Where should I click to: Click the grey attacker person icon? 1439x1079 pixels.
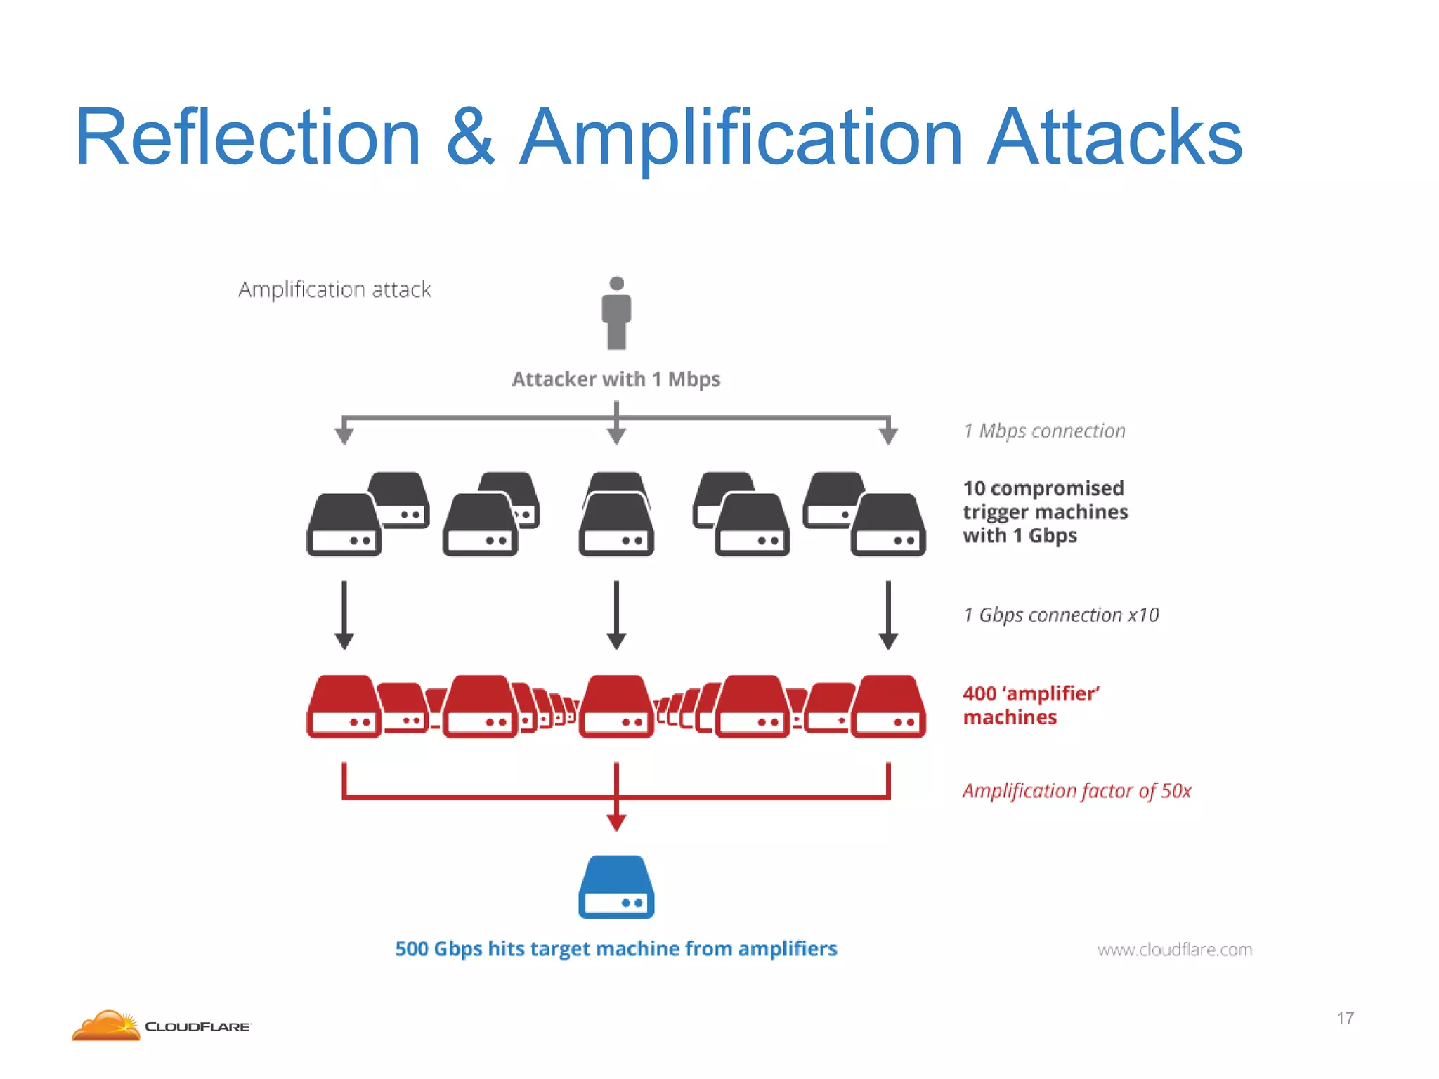coord(616,316)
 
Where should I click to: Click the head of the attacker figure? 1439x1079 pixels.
coord(616,283)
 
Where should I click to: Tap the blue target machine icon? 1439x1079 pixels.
coord(616,887)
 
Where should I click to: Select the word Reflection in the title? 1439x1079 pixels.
coord(247,137)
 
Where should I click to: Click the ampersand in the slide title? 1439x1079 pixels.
coord(470,137)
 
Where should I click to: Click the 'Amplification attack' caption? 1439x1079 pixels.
coord(334,289)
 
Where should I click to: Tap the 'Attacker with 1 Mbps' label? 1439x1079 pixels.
coord(616,379)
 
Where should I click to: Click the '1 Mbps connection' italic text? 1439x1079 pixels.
coord(1044,431)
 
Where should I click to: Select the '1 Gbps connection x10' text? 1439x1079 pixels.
coord(1061,615)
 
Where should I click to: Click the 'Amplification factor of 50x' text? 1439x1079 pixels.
coord(1076,791)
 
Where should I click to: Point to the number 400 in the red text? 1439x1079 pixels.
coord(979,694)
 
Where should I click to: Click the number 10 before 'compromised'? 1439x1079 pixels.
coord(974,488)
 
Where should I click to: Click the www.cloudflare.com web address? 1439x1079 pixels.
coord(1175,950)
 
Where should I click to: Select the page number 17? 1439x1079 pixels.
coord(1345,1018)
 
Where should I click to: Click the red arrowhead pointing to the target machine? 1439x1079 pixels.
coord(616,823)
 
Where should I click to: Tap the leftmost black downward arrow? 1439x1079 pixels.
coord(344,615)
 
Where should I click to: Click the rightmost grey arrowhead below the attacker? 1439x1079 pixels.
coord(888,436)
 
